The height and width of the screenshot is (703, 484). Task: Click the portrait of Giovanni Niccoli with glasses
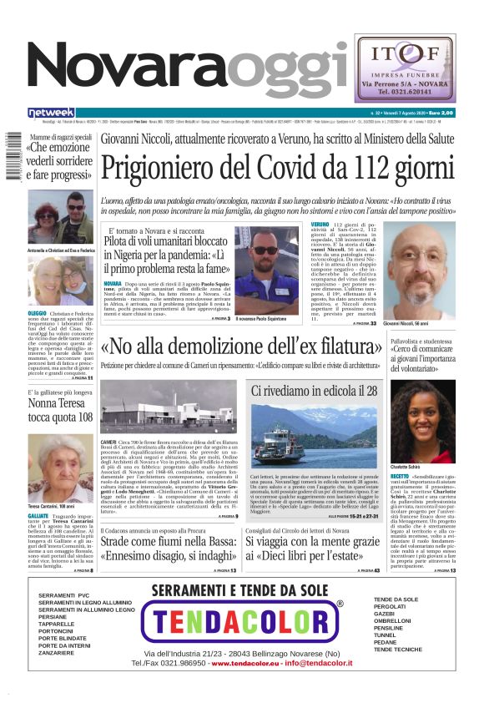tap(419, 272)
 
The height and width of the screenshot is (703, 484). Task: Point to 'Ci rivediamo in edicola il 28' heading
tap(315, 390)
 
